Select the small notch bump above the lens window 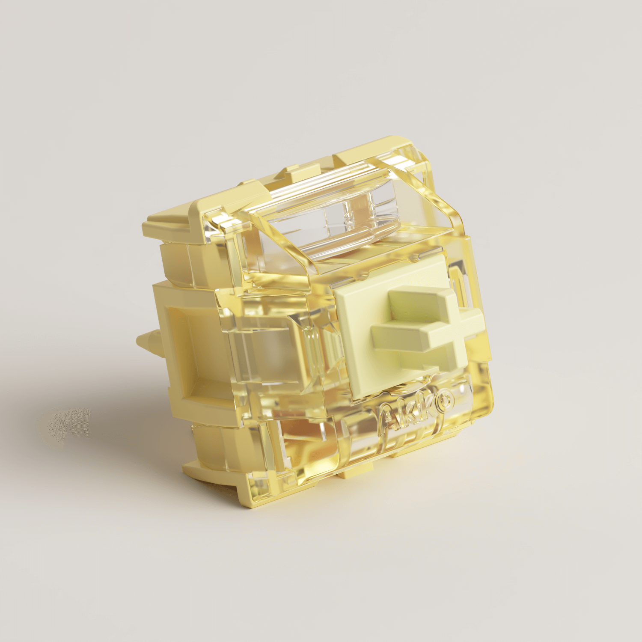[295, 171]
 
